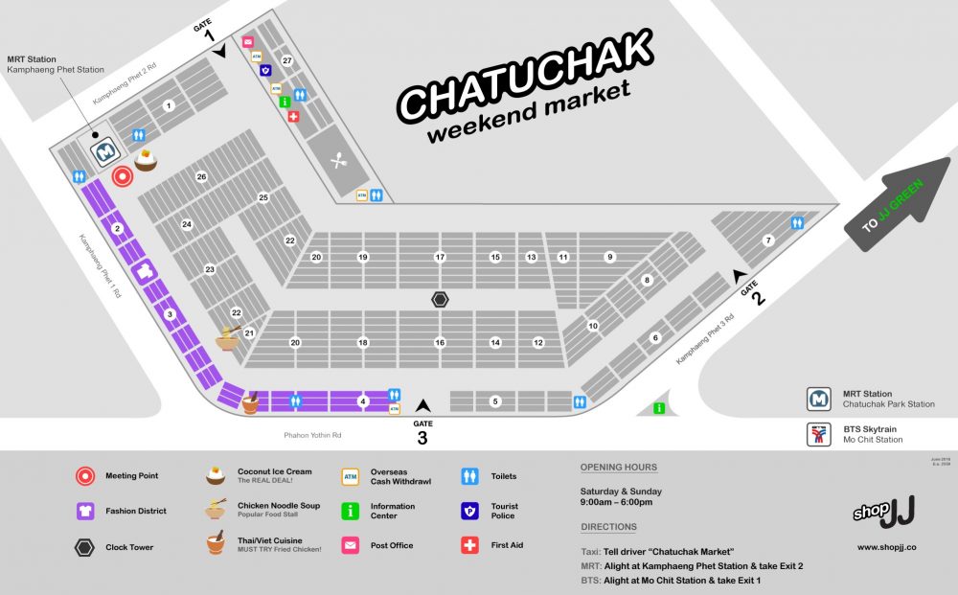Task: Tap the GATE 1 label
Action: [x=205, y=32]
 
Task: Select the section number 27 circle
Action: [x=286, y=61]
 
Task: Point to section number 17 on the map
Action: [x=440, y=257]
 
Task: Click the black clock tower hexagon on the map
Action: [x=440, y=299]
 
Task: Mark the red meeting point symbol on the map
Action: [x=122, y=176]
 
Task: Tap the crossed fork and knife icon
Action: [x=338, y=160]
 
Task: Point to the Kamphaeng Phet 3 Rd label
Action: [x=704, y=339]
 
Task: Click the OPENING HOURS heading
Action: [x=619, y=468]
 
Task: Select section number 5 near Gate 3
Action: [x=495, y=401]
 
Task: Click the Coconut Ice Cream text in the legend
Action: [x=274, y=471]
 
